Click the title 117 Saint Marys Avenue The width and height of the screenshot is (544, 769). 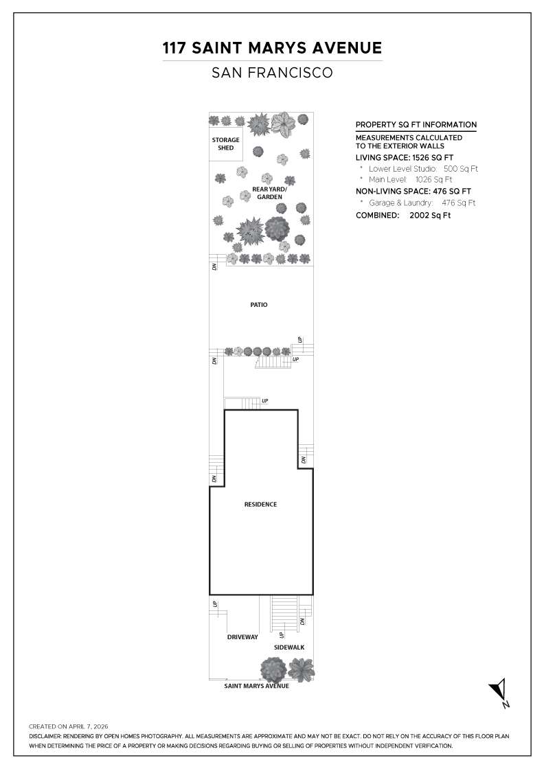tap(272, 48)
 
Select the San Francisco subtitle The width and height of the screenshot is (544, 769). tap(272, 72)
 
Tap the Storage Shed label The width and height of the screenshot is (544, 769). tap(225, 144)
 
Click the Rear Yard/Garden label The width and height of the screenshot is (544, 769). tap(267, 193)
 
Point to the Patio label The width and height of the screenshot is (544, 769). tap(259, 304)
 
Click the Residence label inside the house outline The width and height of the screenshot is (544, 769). tap(260, 505)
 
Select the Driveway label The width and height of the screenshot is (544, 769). tap(242, 637)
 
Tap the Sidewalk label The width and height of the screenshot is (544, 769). tap(289, 647)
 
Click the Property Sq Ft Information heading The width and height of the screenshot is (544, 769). tap(416, 125)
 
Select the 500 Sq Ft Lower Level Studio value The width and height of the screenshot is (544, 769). tap(460, 168)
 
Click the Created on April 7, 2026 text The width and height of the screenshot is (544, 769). tap(69, 726)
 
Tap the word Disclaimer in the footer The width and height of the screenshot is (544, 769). tap(45, 736)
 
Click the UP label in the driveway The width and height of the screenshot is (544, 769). tap(215, 604)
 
